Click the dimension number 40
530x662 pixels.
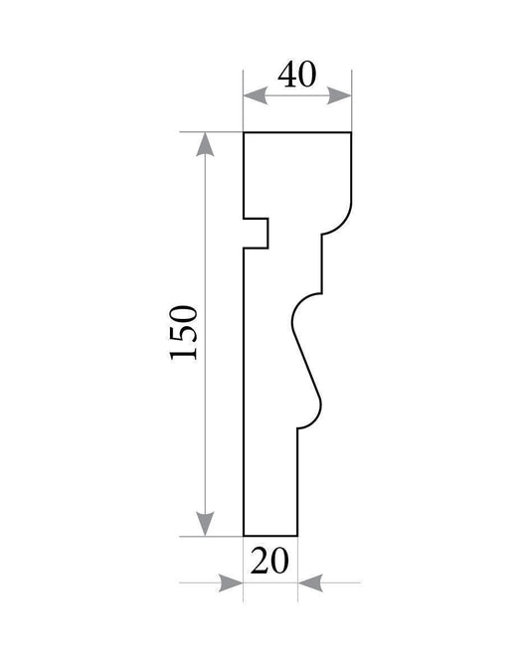pos(297,75)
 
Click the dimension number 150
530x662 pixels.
pos(183,333)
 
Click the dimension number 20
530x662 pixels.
pos(269,561)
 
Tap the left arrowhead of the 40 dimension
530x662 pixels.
pos(256,95)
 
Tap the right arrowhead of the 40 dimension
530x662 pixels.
pos(339,95)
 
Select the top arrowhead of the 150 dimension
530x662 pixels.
pos(205,144)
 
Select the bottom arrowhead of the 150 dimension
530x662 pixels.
pos(205,524)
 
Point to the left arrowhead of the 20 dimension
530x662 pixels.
pos(231,582)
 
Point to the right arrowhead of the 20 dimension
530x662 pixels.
pos(310,582)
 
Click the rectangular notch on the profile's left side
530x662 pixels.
pos(256,233)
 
